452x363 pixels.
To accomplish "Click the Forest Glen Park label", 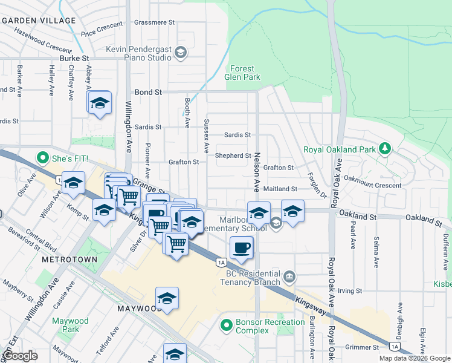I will [x=244, y=73].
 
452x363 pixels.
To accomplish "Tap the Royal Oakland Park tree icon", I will [x=384, y=148].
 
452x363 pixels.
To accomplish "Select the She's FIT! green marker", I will [x=43, y=159].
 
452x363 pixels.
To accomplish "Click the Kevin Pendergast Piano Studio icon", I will [x=180, y=53].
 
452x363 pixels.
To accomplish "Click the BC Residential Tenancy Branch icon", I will [x=289, y=277].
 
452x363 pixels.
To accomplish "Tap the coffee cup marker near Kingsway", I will [x=242, y=247].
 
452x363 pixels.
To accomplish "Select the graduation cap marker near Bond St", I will [x=100, y=102].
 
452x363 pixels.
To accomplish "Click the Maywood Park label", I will [x=70, y=325].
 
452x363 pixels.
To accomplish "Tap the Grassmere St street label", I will [x=154, y=22].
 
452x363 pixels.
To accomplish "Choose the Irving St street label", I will [x=349, y=291].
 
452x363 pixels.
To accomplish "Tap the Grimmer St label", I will [x=363, y=347].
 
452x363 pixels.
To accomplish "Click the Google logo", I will [x=20, y=356].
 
